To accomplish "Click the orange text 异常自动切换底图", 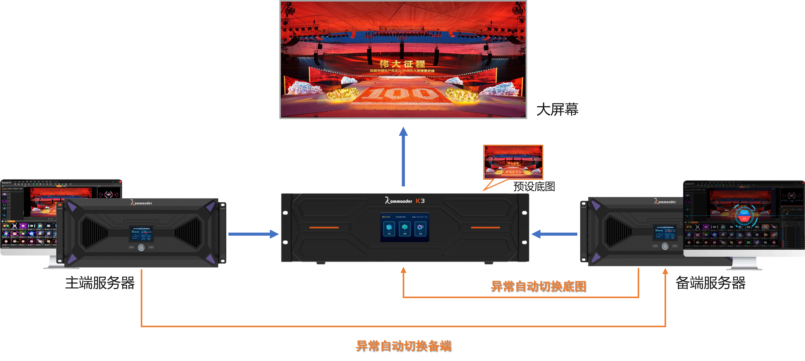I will (538, 286).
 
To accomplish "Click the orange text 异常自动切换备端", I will (403, 346).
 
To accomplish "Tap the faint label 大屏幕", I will (557, 109).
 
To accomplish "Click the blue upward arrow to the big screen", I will (403, 156).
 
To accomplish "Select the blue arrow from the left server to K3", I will (253, 234).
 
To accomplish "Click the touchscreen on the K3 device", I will (404, 227).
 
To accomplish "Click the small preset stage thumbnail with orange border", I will (513, 162).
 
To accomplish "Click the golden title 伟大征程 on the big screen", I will (402, 64).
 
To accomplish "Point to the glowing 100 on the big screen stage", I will (402, 94).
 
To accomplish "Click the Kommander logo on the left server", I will (141, 203).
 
